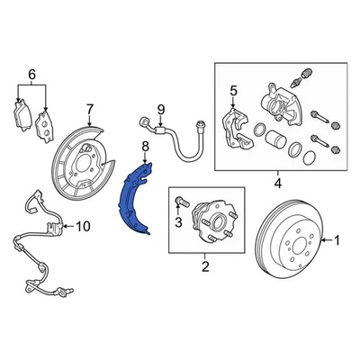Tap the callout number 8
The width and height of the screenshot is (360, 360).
144,146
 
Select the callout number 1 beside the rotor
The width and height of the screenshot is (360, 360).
337,240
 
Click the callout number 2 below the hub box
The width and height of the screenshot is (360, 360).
204,267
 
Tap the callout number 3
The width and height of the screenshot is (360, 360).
179,220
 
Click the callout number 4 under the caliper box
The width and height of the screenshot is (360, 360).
277,184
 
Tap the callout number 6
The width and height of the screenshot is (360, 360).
32,74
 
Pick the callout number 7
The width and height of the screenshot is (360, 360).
89,111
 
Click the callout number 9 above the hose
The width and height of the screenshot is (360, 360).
163,110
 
